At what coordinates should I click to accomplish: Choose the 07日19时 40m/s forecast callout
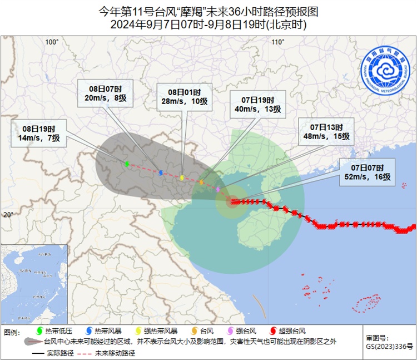[x=257, y=104]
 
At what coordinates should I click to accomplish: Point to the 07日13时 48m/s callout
[x=326, y=131]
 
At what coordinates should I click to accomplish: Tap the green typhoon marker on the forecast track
[x=127, y=164]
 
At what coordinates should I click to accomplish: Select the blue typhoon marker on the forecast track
[x=161, y=172]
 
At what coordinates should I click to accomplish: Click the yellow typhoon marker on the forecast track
[x=182, y=177]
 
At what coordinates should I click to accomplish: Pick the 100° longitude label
[x=52, y=42]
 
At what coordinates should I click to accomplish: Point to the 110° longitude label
[x=278, y=42]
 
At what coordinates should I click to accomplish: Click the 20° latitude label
[x=8, y=215]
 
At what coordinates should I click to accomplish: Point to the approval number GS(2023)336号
[x=389, y=347]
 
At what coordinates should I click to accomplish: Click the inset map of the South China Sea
[x=34, y=284]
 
